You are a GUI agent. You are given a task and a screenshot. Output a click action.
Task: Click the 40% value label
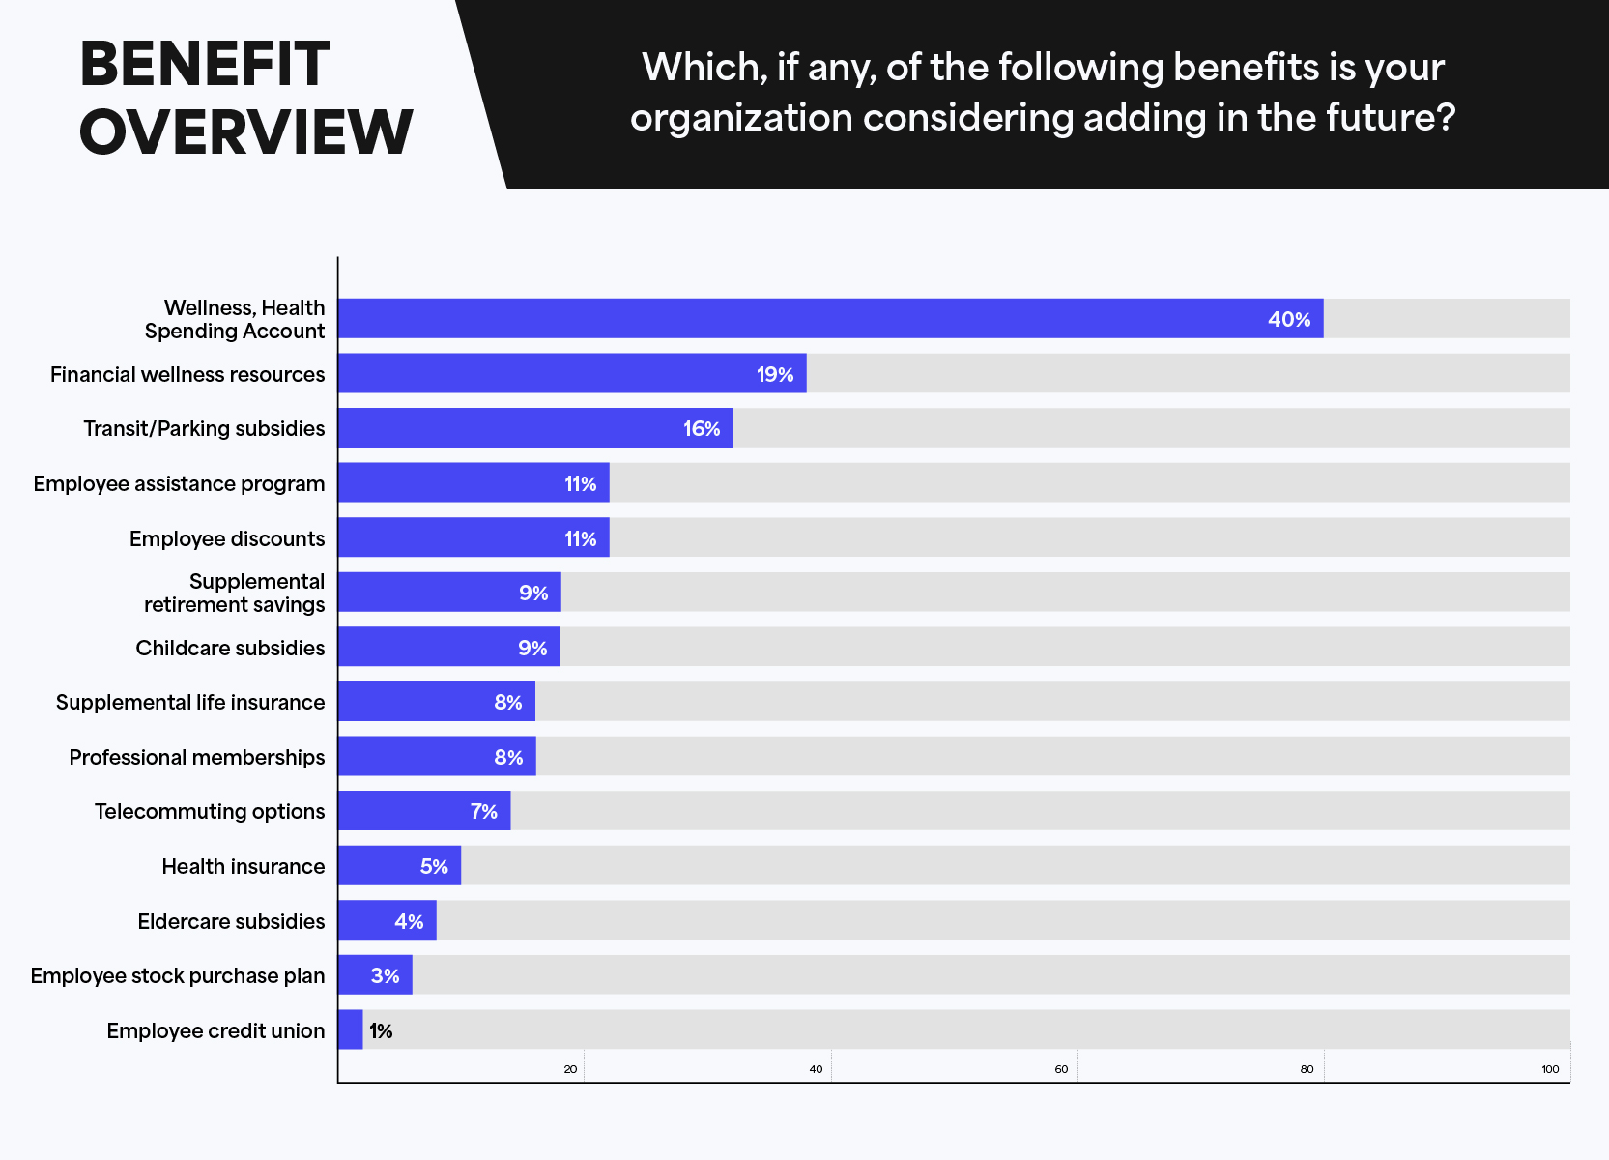pyautogui.click(x=1288, y=319)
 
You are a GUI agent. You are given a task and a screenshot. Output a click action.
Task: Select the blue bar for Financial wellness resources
pyautogui.click(x=572, y=373)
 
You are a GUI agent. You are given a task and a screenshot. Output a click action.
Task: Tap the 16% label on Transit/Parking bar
pyautogui.click(x=701, y=429)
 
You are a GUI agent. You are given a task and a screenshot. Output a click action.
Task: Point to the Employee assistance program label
pyautogui.click(x=179, y=484)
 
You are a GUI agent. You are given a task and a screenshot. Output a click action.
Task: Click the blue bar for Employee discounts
pyautogui.click(x=474, y=536)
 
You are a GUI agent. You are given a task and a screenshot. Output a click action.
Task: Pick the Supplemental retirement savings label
pyautogui.click(x=234, y=593)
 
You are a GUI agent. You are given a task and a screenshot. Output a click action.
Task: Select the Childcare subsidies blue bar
pyautogui.click(x=449, y=646)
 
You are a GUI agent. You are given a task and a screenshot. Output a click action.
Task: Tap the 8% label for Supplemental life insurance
pyautogui.click(x=508, y=702)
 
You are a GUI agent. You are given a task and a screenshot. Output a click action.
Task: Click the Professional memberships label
pyautogui.click(x=197, y=757)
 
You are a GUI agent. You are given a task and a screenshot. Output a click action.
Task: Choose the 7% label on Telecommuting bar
pyautogui.click(x=483, y=811)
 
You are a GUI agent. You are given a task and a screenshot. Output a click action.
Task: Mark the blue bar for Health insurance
pyautogui.click(x=399, y=865)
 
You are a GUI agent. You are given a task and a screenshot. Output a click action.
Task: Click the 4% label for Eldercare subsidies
pyautogui.click(x=409, y=921)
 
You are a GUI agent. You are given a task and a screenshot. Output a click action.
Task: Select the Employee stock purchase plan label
pyautogui.click(x=178, y=976)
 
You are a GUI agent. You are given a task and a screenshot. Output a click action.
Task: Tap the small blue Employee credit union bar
pyautogui.click(x=351, y=1029)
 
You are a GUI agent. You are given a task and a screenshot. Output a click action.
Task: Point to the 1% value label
pyautogui.click(x=381, y=1031)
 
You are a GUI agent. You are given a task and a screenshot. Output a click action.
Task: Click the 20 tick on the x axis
pyautogui.click(x=570, y=1069)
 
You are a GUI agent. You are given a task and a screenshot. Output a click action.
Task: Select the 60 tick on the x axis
pyautogui.click(x=1061, y=1069)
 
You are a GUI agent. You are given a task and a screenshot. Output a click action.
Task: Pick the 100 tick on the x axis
pyautogui.click(x=1550, y=1069)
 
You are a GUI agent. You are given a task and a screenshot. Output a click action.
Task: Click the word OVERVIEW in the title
pyautogui.click(x=245, y=131)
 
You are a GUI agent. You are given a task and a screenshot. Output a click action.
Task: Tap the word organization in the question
pyautogui.click(x=741, y=117)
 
